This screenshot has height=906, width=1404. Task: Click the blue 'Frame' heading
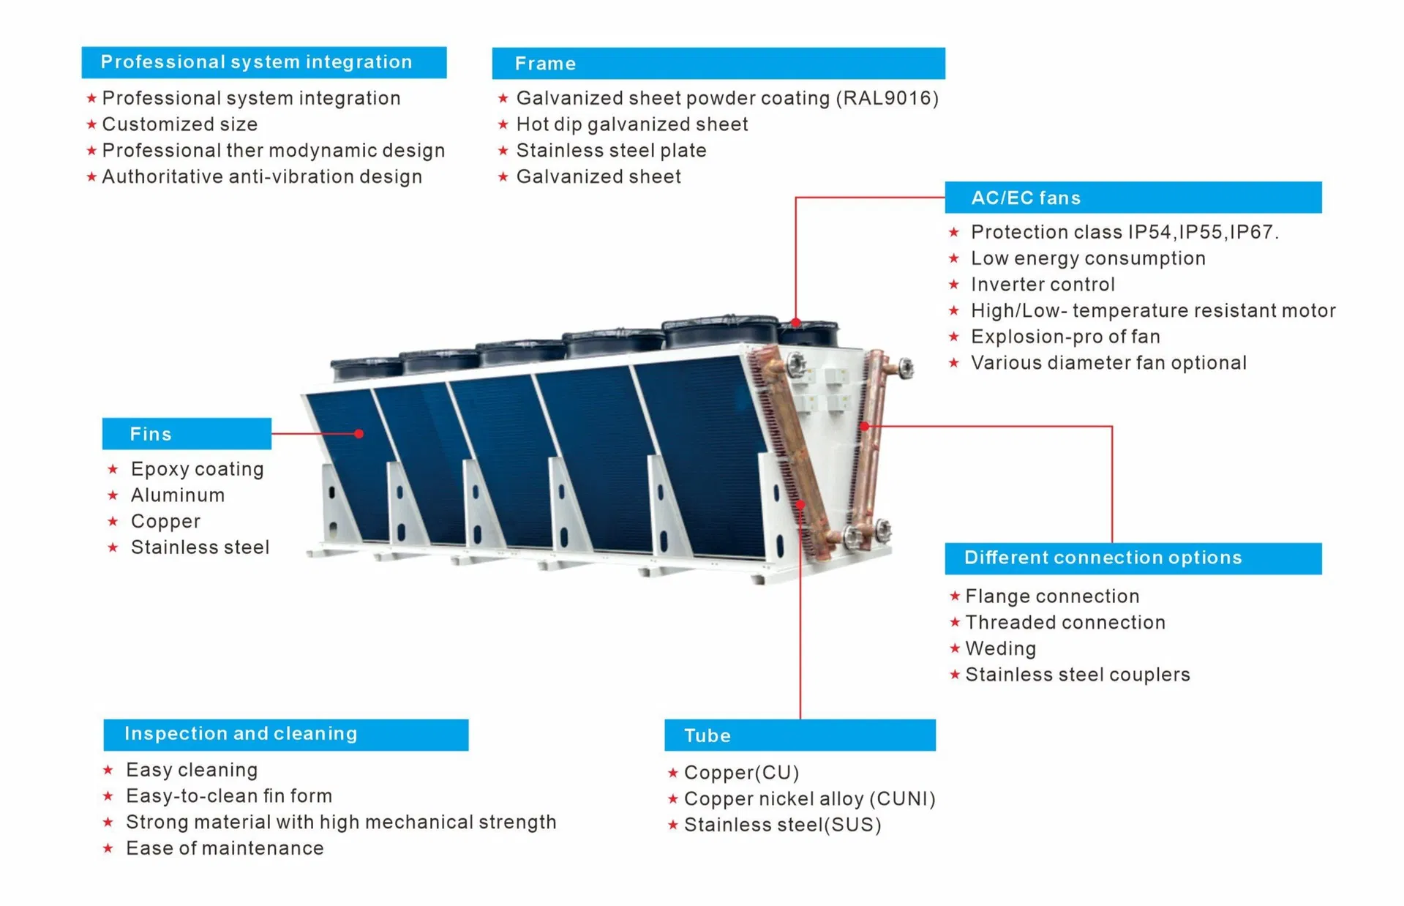(718, 64)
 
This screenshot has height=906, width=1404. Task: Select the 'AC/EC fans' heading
(1133, 198)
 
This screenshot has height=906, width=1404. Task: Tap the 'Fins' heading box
(187, 434)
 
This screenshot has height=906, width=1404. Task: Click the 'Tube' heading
(800, 735)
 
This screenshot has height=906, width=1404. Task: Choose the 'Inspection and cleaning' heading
(286, 734)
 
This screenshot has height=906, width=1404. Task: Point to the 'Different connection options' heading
(1133, 558)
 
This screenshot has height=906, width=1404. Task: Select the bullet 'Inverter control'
(1043, 284)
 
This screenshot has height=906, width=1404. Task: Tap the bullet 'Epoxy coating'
(197, 469)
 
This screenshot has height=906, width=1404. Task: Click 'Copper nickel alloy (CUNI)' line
(809, 798)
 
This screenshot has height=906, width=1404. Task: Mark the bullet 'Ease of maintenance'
(225, 848)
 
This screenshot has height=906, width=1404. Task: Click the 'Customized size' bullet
(180, 124)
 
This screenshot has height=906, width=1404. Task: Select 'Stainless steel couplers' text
(1077, 675)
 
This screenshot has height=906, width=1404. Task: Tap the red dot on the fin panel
(359, 434)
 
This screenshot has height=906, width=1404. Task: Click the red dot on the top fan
(796, 322)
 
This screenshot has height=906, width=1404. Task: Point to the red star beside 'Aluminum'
(113, 495)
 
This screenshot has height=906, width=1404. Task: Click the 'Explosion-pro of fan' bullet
(1065, 337)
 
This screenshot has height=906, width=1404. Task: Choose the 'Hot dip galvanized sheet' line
(632, 124)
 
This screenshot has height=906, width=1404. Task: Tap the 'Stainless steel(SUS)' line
(782, 825)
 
